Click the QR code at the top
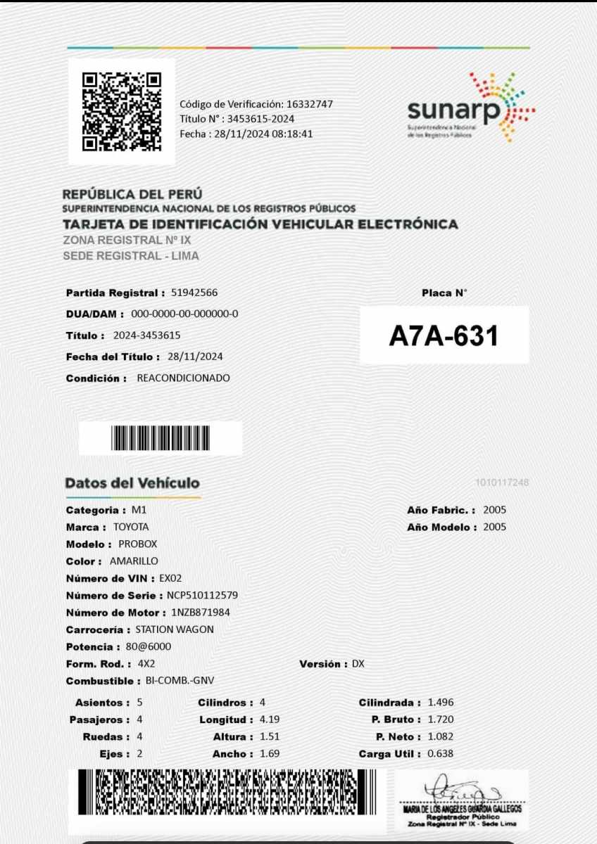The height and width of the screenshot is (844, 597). point(122,111)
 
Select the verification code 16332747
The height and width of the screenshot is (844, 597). point(309,104)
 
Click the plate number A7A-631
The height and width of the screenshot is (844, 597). point(444,336)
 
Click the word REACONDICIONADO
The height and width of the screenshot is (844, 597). point(183,378)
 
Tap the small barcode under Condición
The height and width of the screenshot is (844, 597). point(161,438)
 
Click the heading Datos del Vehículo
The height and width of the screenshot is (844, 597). point(132,483)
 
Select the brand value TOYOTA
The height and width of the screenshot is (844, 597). point(130,527)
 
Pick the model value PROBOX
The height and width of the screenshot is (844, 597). point(138,544)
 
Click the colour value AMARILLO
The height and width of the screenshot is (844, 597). point(134,561)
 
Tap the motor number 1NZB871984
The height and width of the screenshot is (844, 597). point(201,613)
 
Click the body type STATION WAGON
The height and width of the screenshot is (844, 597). point(175,629)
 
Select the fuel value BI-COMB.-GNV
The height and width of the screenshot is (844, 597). point(180,681)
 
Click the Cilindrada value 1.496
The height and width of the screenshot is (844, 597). point(441,703)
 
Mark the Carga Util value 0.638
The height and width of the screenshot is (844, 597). point(441,754)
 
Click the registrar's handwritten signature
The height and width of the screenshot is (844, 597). point(458,792)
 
